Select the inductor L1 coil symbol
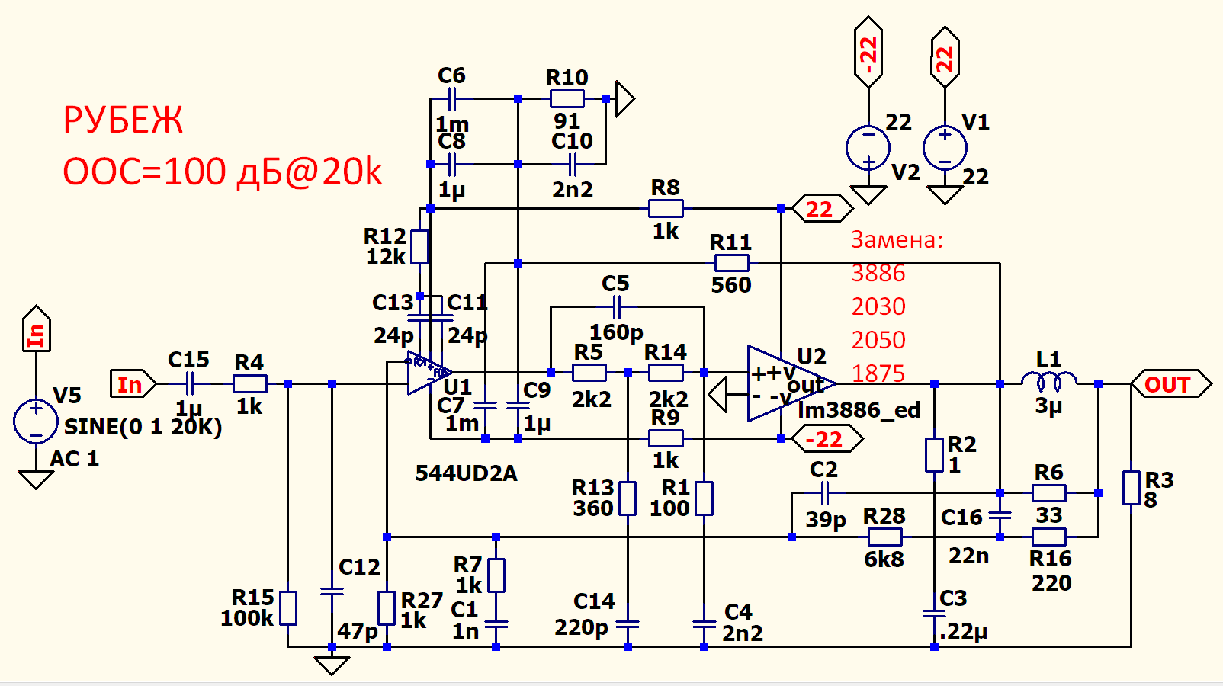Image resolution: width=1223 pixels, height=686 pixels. pos(1049,380)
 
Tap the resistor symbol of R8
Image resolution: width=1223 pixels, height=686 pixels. pos(666,208)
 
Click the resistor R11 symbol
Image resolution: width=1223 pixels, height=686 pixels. pos(731,264)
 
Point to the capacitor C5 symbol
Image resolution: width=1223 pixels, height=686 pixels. pos(617,307)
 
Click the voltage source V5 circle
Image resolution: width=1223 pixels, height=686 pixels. pos(36,421)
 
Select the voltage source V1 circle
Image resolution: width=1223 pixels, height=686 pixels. pos(945,147)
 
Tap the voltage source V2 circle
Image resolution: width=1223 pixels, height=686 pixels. pos(868,147)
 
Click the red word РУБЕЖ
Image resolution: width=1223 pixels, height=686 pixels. pos(123,120)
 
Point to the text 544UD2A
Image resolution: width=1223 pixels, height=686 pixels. pos(466,473)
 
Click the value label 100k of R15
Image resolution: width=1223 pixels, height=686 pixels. pos(246,618)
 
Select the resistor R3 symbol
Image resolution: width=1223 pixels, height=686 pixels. pos(1131,488)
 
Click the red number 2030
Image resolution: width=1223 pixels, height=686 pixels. pos(878,306)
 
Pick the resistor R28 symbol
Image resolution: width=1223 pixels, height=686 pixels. pos(884,537)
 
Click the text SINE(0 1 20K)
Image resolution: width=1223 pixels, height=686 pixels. pos(143,427)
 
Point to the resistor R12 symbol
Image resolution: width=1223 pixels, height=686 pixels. pos(420,247)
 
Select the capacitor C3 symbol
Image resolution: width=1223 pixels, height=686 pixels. pos(934,614)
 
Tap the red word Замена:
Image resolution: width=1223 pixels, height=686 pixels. pos(897,240)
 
